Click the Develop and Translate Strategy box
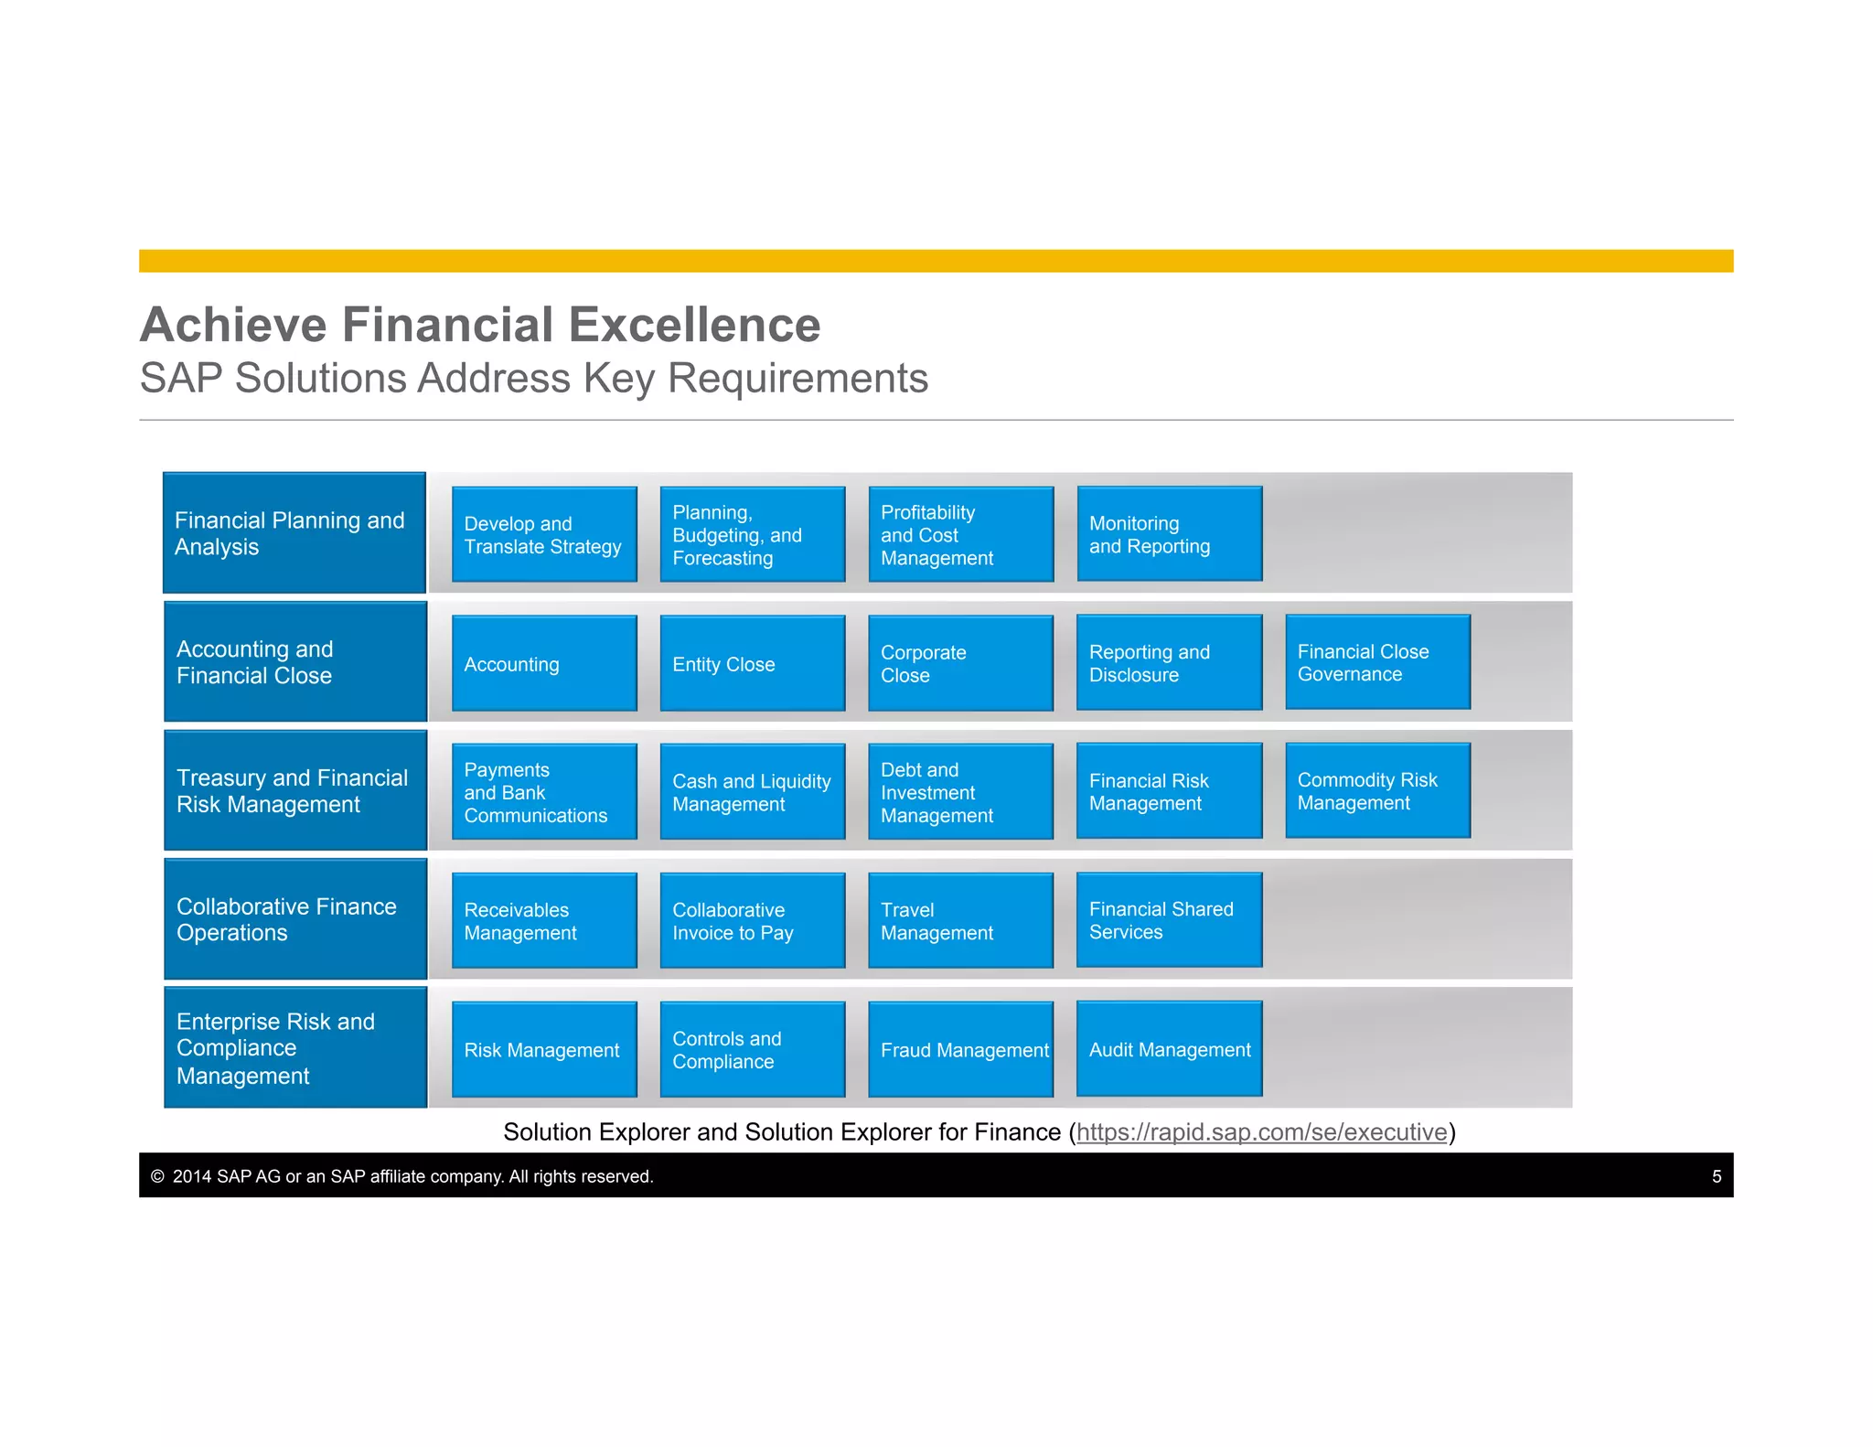tap(544, 534)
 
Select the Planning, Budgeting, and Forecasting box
tap(752, 534)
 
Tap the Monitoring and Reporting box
tap(1169, 534)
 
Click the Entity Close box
tap(752, 663)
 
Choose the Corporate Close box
tap(960, 663)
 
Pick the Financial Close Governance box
tap(1377, 662)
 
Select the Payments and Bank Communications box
tap(544, 792)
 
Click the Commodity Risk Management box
tap(1377, 791)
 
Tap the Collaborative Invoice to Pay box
tap(752, 921)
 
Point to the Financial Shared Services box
tap(1169, 920)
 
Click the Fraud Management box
tap(960, 1049)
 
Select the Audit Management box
tap(1169, 1049)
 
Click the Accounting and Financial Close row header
tap(294, 662)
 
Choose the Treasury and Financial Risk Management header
tap(294, 790)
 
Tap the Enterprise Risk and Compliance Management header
tap(294, 1047)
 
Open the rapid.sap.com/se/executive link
tap(1261, 1132)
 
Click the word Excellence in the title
tap(694, 325)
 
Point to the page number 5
tap(1716, 1176)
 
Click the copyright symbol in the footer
tap(157, 1176)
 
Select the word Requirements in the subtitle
tap(797, 379)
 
